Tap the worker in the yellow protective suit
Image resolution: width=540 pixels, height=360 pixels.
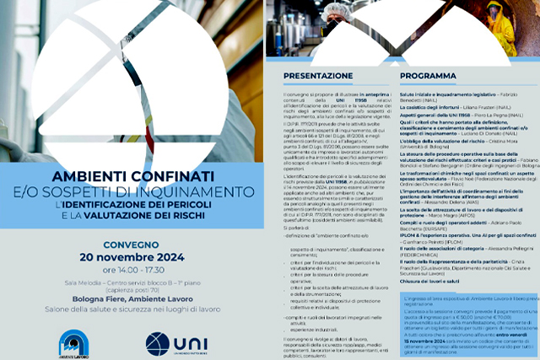click(x=500, y=25)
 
